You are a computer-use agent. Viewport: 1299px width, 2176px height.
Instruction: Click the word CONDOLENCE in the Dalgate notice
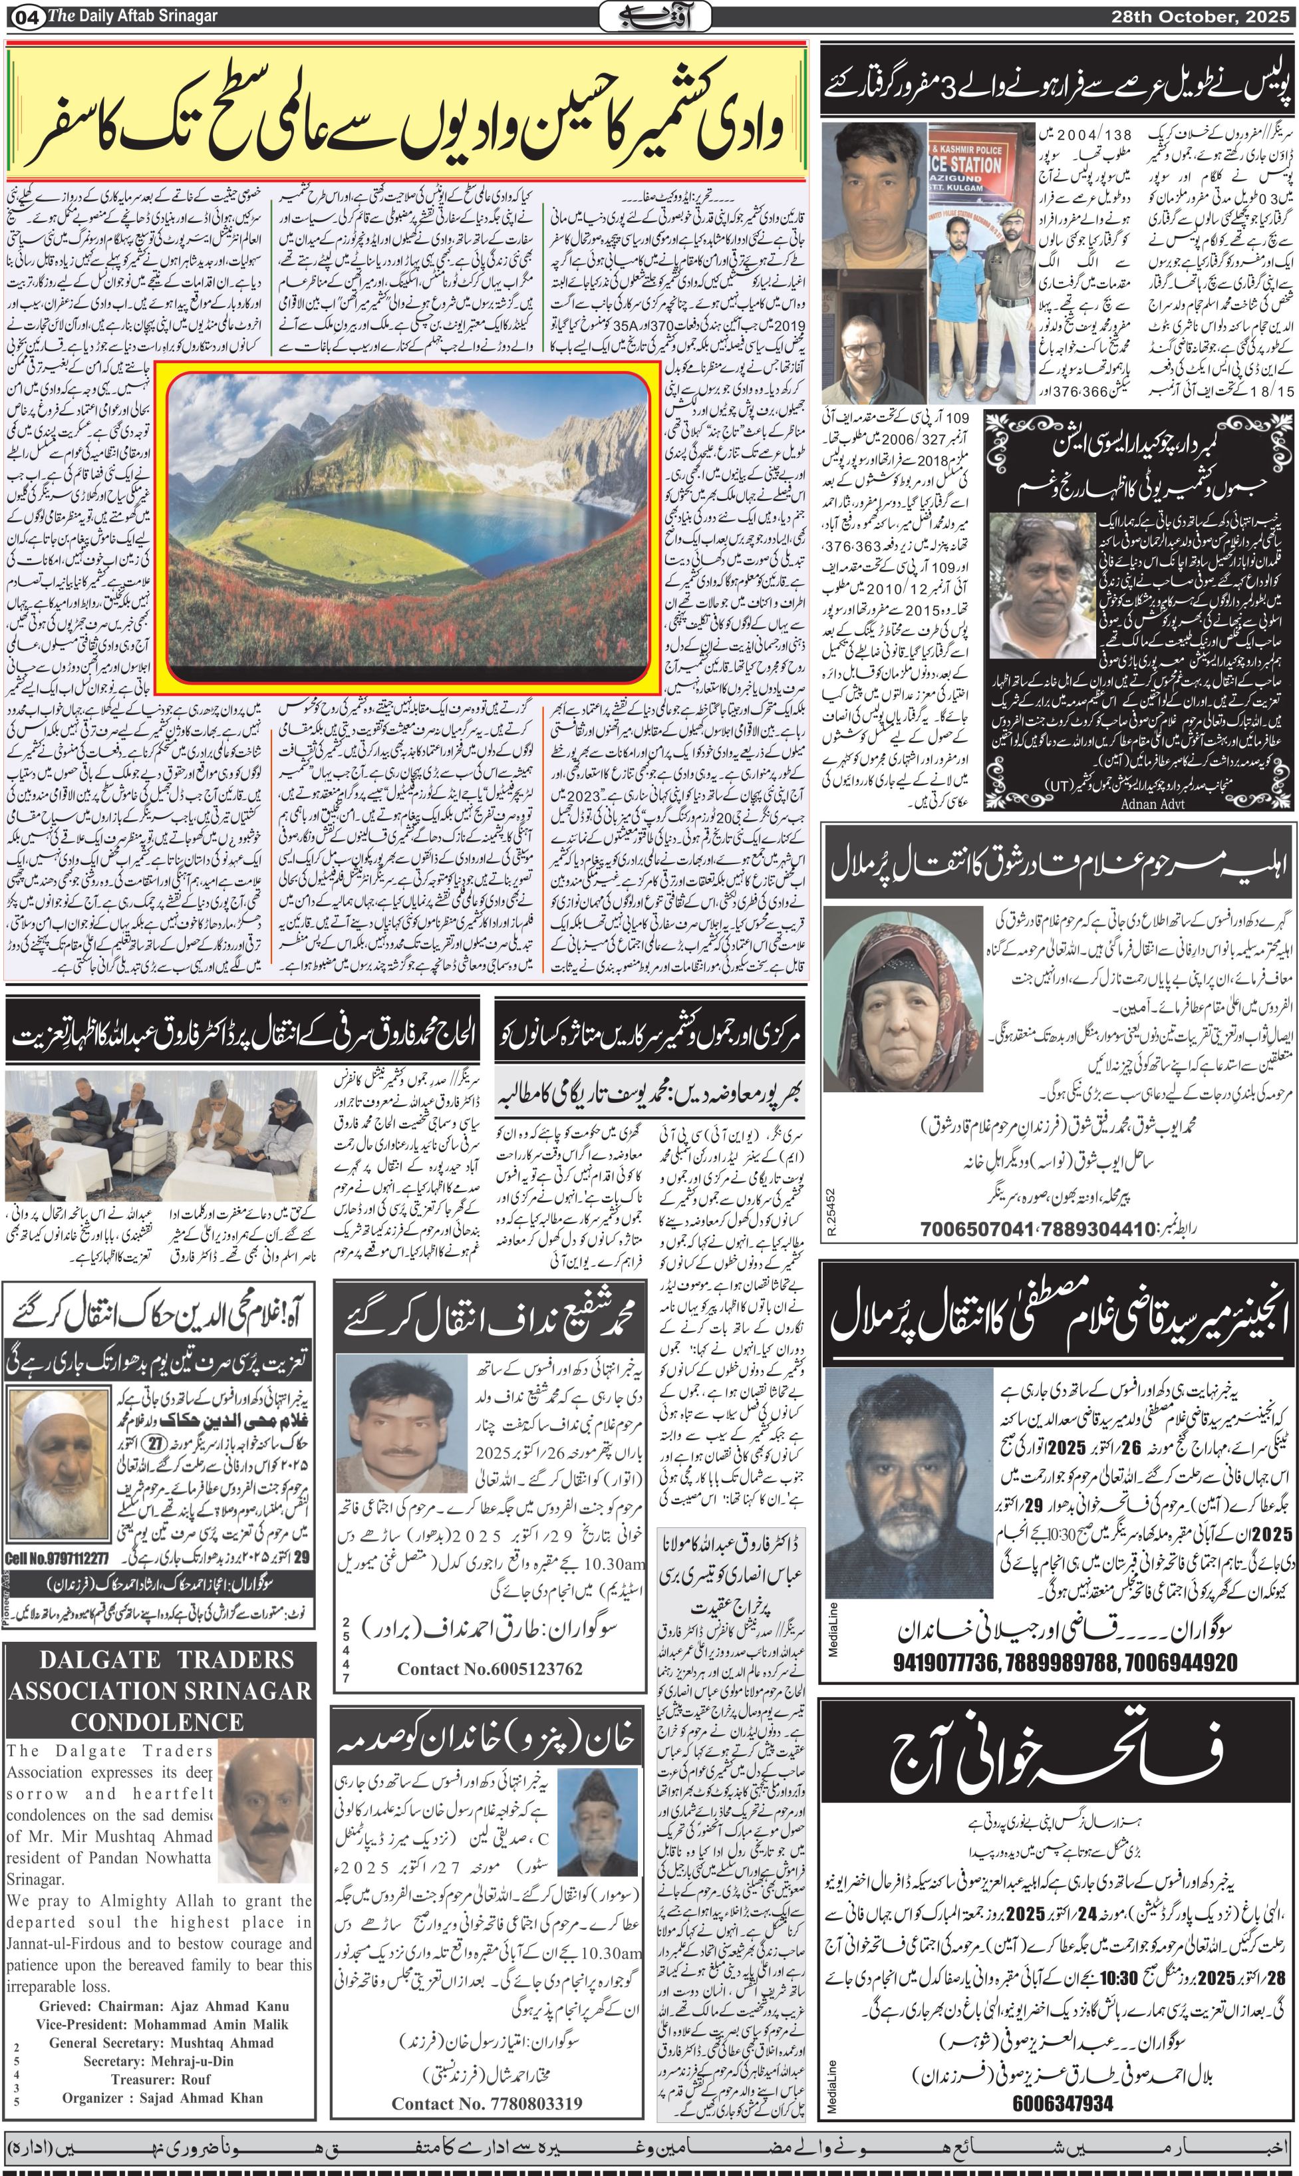(x=158, y=1722)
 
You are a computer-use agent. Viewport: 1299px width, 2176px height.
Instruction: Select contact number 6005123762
(x=490, y=1668)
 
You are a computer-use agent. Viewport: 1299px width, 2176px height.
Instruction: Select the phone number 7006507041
(x=976, y=1229)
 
